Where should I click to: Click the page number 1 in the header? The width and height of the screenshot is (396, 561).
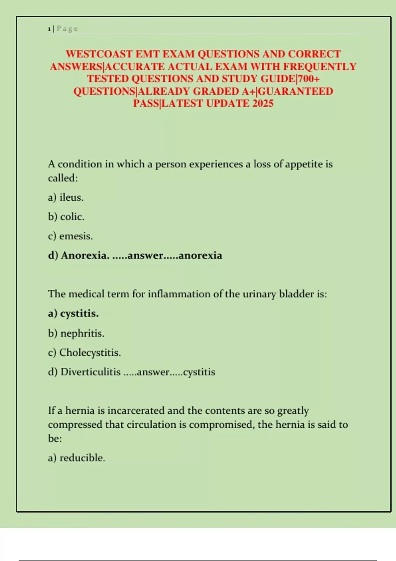pyautogui.click(x=49, y=29)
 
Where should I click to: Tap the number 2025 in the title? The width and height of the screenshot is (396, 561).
pyautogui.click(x=263, y=104)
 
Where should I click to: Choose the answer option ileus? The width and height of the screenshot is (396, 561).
pyautogui.click(x=71, y=197)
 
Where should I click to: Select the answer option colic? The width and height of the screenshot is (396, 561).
pyautogui.click(x=72, y=217)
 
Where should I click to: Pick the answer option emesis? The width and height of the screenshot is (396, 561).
pyautogui.click(x=76, y=236)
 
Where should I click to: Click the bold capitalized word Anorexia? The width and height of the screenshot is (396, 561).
pyautogui.click(x=85, y=255)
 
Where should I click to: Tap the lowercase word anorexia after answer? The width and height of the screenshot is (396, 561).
pyautogui.click(x=200, y=255)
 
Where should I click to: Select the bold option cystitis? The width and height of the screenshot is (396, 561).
pyautogui.click(x=79, y=313)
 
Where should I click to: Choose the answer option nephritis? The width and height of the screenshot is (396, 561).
pyautogui.click(x=82, y=333)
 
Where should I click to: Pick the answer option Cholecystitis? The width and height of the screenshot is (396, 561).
pyautogui.click(x=90, y=353)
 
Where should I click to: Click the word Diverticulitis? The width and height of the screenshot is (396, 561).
pyautogui.click(x=90, y=372)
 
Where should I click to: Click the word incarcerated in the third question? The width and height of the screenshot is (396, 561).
pyautogui.click(x=136, y=411)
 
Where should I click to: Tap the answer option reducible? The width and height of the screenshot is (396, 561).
pyautogui.click(x=82, y=458)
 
